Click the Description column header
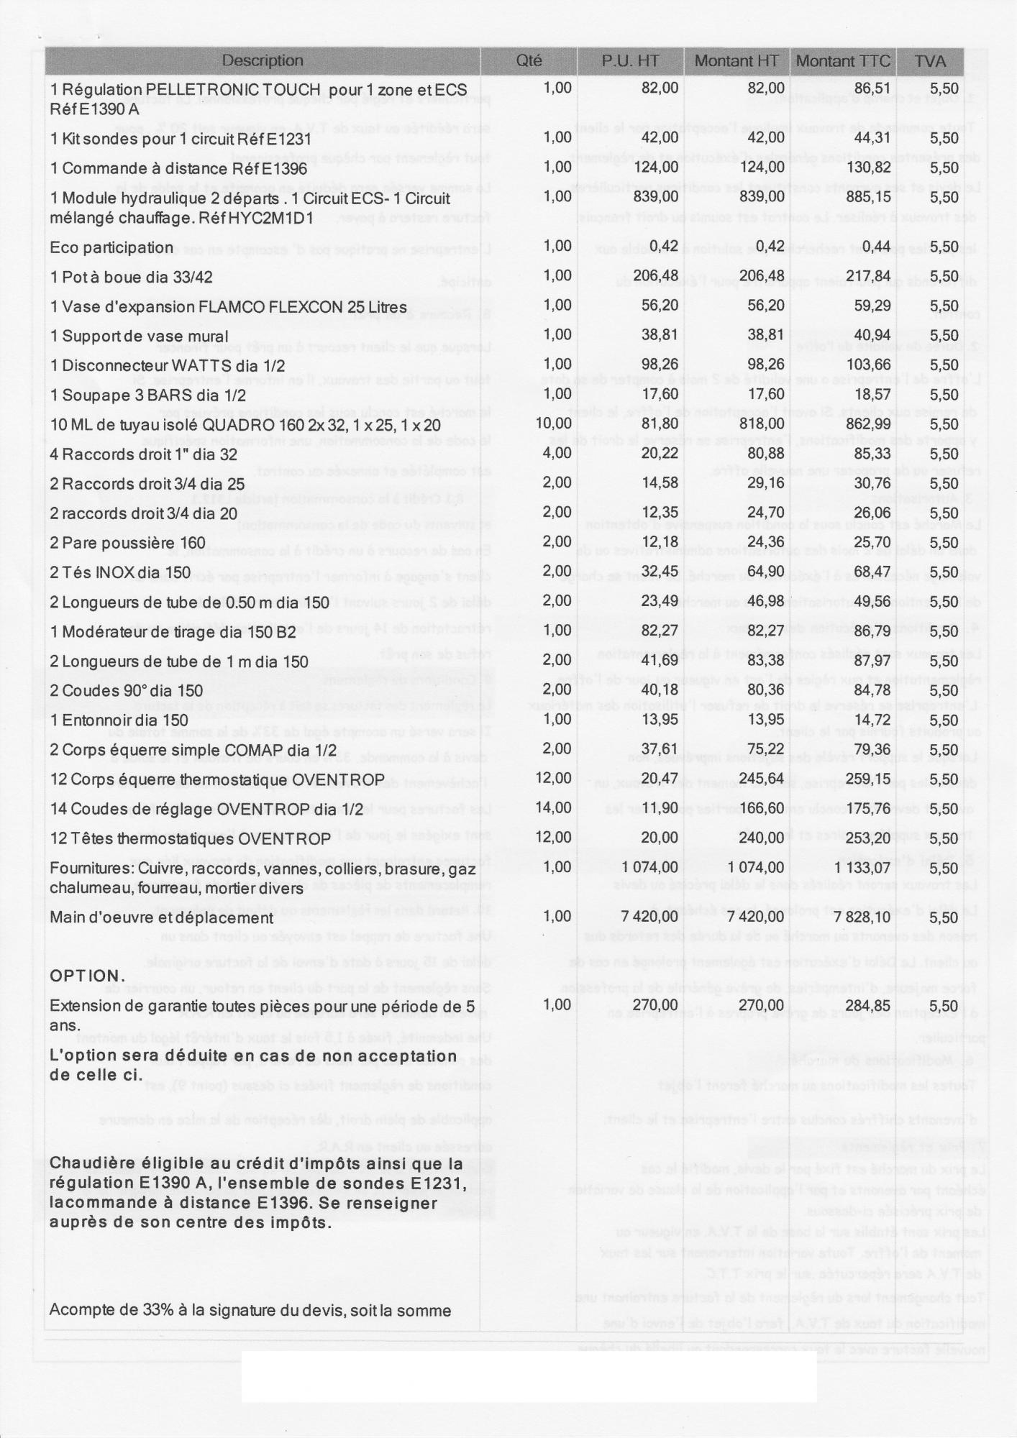pos(263,61)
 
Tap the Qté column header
pos(529,61)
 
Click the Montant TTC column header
pos(843,61)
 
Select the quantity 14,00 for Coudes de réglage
pos(554,807)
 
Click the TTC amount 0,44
pos(877,247)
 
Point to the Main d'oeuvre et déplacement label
pos(162,918)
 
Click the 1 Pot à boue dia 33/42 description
pos(132,278)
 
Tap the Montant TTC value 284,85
pos(868,1005)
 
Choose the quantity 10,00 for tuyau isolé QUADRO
pos(554,423)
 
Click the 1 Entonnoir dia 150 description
pos(119,720)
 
